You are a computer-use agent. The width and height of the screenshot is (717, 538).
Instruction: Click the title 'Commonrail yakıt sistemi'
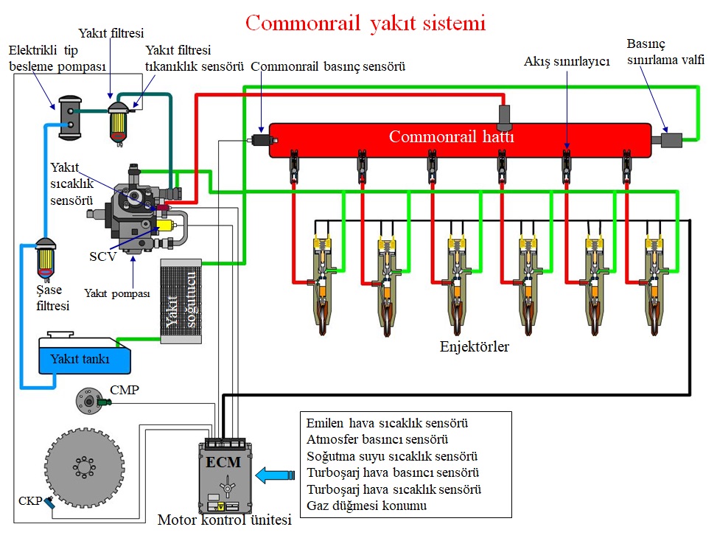point(366,24)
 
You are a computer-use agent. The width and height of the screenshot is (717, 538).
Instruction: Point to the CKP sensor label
point(30,502)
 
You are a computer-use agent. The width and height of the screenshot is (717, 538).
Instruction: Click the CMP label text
point(124,389)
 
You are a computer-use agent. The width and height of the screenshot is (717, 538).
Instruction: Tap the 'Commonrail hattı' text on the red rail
point(451,137)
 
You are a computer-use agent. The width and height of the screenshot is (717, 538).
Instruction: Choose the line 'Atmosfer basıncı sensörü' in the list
point(377,440)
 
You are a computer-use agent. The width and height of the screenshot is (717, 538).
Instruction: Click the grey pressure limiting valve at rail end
point(671,138)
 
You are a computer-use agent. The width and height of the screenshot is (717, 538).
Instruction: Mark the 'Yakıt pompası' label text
point(117,293)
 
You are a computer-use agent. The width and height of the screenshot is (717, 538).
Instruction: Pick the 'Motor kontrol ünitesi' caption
point(225,520)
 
